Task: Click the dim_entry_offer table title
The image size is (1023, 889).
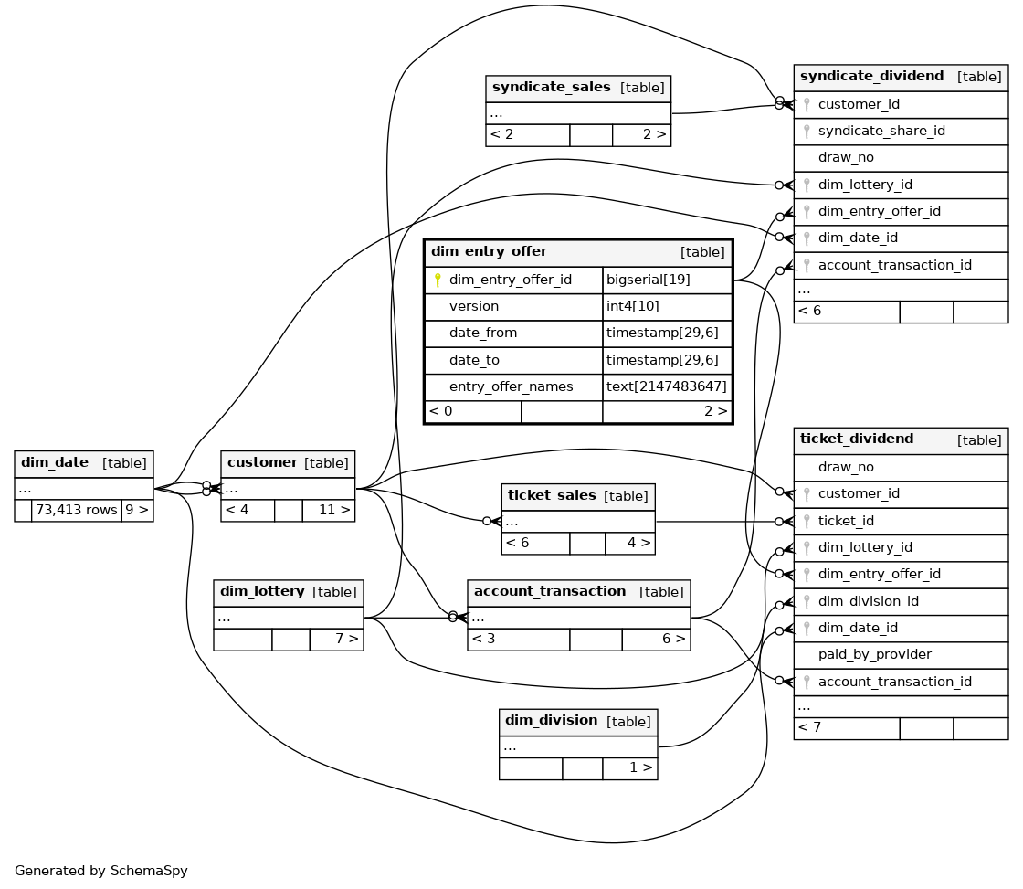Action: pyautogui.click(x=489, y=251)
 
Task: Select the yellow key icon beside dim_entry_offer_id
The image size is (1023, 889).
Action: pyautogui.click(x=438, y=280)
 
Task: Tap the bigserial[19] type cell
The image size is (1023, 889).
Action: pyautogui.click(x=648, y=280)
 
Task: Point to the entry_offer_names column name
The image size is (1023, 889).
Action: pyautogui.click(x=511, y=386)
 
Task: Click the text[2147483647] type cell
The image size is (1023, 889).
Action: pyautogui.click(x=666, y=386)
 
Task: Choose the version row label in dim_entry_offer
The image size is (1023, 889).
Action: pyautogui.click(x=474, y=306)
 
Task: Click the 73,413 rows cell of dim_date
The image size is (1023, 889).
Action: pyautogui.click(x=77, y=510)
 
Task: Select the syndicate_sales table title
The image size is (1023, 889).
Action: pyautogui.click(x=552, y=87)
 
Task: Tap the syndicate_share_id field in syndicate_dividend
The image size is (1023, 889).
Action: pyautogui.click(x=881, y=131)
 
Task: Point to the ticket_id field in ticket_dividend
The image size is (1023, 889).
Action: pyautogui.click(x=846, y=521)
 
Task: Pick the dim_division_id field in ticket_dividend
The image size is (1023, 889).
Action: pyautogui.click(x=869, y=601)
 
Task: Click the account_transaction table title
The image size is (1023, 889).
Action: pyautogui.click(x=550, y=591)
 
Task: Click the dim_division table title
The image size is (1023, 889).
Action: pyautogui.click(x=552, y=720)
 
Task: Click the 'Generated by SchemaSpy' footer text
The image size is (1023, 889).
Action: pyautogui.click(x=101, y=871)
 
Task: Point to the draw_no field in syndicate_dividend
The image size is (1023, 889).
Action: pyautogui.click(x=846, y=157)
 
